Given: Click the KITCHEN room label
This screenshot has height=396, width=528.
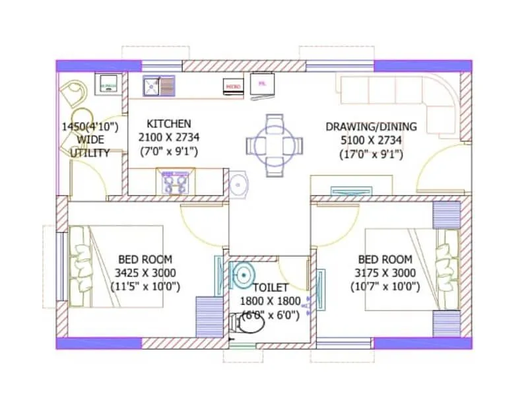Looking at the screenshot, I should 169,123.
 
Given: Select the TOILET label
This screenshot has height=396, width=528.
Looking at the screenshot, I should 271,288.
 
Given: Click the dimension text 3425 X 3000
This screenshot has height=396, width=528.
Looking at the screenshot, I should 145,273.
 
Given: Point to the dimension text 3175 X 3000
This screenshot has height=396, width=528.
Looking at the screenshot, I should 385,273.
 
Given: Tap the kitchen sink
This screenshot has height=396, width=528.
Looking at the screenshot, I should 158,85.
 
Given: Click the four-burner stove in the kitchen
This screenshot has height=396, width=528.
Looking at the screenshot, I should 175,181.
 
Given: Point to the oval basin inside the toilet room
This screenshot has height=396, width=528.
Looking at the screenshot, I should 244,273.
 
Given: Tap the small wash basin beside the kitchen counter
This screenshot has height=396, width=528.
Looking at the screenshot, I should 238,184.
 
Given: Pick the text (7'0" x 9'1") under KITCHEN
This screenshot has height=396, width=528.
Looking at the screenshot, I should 168,152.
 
